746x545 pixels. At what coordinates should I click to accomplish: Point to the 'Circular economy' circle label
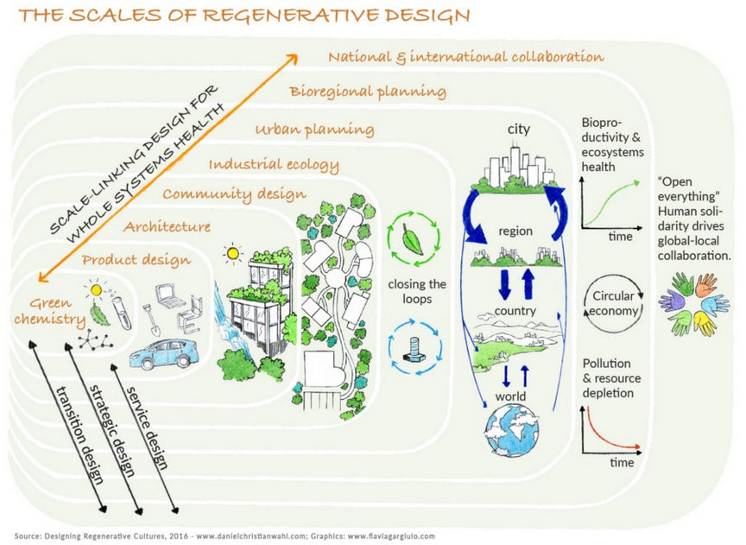(613, 303)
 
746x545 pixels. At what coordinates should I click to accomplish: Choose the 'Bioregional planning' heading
(368, 91)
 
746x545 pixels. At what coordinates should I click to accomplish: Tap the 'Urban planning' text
(314, 130)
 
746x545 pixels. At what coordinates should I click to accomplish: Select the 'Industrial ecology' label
(274, 164)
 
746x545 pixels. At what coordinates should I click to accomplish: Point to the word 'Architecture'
(167, 227)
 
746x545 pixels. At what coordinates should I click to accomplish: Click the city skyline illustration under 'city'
(516, 173)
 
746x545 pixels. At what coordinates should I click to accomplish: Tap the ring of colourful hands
(694, 303)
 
